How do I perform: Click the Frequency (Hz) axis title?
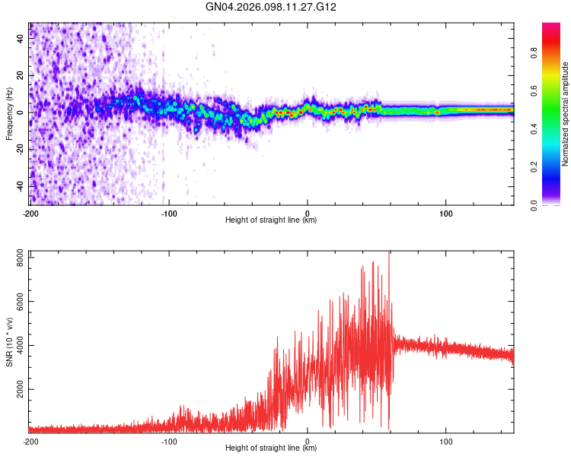point(9,114)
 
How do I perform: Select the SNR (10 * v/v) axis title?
point(9,343)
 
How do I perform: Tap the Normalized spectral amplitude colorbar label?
point(566,114)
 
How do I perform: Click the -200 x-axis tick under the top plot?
point(30,213)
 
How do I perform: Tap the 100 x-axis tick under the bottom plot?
point(445,441)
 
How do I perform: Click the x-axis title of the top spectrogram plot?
point(271,220)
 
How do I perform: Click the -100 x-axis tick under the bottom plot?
point(169,441)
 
